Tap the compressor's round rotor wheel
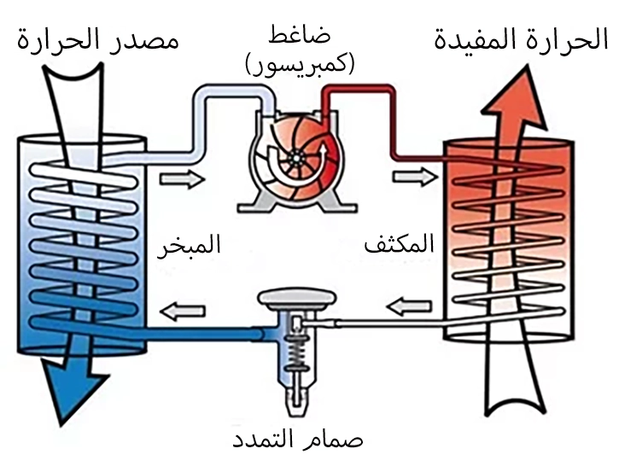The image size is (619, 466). [295, 158]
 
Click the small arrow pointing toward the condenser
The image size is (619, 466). [412, 178]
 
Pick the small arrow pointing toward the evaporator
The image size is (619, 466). [182, 311]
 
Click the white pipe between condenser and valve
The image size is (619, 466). [384, 322]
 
